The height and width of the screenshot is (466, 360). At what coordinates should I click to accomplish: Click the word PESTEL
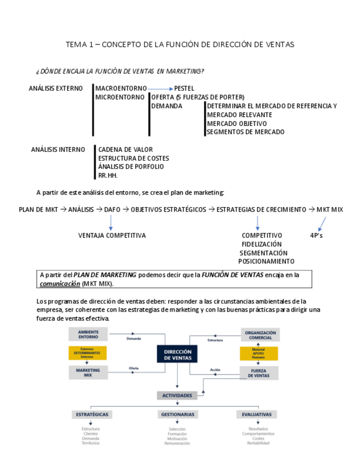[x=184, y=88]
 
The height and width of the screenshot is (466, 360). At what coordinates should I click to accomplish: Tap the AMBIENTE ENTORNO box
[x=88, y=334]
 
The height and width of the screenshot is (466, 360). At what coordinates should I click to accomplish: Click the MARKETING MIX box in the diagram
[x=88, y=373]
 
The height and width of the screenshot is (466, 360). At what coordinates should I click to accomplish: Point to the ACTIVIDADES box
[x=177, y=395]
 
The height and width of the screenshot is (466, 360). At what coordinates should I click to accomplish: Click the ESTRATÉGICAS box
[x=91, y=414]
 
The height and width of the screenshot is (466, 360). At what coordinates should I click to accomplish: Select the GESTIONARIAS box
[x=177, y=414]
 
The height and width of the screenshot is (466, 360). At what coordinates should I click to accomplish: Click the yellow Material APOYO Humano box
[x=258, y=353]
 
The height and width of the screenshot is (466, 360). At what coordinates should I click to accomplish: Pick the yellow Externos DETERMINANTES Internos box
[x=88, y=353]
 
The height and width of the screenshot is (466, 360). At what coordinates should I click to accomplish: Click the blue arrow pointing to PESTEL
[x=160, y=88]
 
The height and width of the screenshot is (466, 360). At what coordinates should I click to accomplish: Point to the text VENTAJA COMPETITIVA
[x=112, y=235]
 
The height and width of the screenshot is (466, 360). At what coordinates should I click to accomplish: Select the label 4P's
[x=317, y=235]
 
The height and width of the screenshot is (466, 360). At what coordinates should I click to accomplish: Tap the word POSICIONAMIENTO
[x=266, y=261]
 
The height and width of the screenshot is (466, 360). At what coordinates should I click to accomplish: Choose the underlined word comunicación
[x=60, y=284]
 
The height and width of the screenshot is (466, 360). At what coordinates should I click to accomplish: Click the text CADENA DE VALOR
[x=125, y=149]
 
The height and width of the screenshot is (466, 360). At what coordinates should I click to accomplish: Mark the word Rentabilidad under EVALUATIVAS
[x=258, y=443]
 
